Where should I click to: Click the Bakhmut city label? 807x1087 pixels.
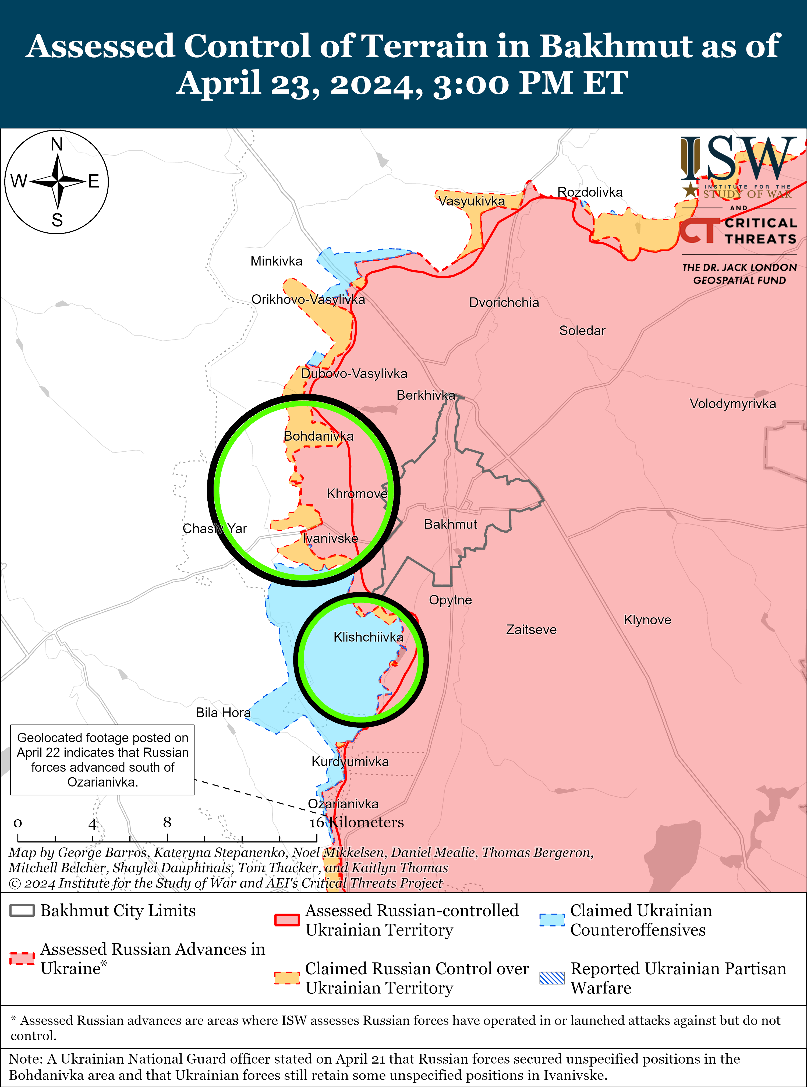pos(450,524)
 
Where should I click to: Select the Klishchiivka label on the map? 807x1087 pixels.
pos(368,637)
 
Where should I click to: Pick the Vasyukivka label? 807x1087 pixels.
pos(471,201)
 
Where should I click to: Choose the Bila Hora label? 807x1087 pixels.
pos(223,713)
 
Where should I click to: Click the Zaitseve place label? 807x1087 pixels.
pos(531,630)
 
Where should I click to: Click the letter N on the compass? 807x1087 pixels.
pos(57,145)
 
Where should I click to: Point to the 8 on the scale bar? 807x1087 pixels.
pos(167,823)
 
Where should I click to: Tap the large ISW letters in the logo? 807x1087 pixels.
pos(738,159)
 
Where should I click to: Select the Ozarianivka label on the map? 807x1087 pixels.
pos(343,804)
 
